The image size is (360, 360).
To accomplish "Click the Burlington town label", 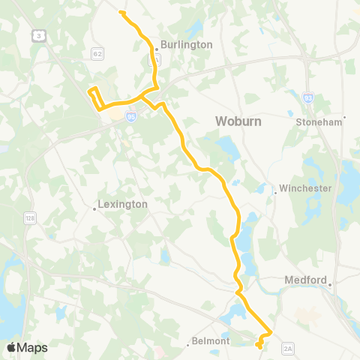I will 185,44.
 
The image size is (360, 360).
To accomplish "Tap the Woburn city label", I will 236,120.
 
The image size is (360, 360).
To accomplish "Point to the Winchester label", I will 304,188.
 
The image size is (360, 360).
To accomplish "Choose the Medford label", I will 307,280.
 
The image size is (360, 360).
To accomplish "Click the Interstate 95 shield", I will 131,117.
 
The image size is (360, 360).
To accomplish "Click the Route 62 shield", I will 97,54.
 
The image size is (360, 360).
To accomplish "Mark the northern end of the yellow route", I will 121,12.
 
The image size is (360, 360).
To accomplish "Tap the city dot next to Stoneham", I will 344,117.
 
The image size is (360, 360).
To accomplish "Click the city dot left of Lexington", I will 94,209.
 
